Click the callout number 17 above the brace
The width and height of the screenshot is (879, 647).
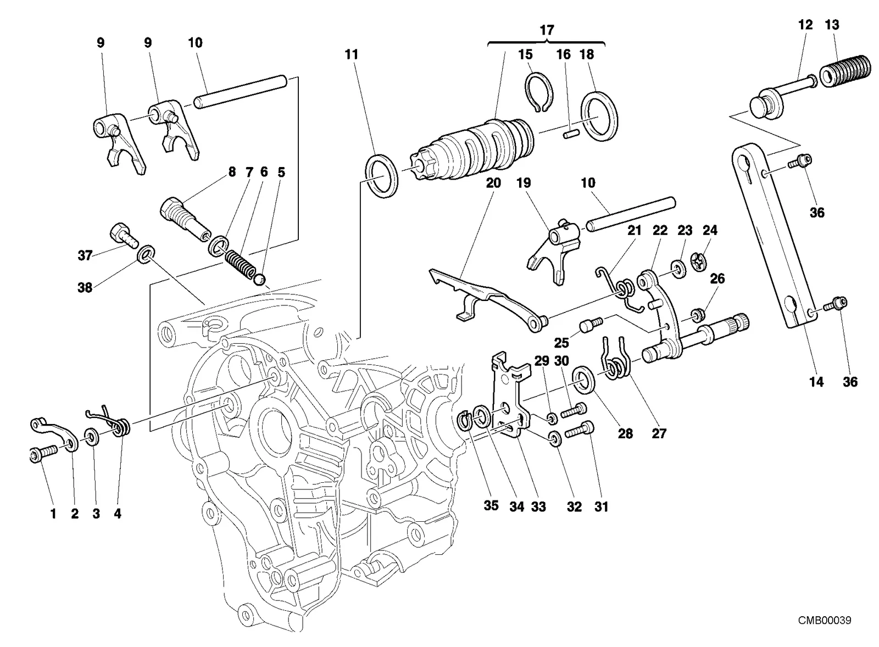pyautogui.click(x=547, y=30)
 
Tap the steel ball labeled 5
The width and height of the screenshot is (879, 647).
pyautogui.click(x=260, y=280)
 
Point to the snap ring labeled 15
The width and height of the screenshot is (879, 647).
pyautogui.click(x=538, y=93)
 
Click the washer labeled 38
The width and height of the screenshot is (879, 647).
pyautogui.click(x=146, y=255)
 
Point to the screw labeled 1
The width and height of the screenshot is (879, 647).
pyautogui.click(x=43, y=455)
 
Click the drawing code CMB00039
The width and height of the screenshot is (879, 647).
pyautogui.click(x=825, y=620)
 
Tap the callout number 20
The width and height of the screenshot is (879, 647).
pyautogui.click(x=493, y=183)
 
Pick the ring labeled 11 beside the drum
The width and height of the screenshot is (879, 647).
pyautogui.click(x=382, y=176)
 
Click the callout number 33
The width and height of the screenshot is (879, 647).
pyautogui.click(x=538, y=506)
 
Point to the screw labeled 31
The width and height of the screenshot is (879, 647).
pyautogui.click(x=579, y=431)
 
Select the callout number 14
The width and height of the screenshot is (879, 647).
pyautogui.click(x=816, y=382)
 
